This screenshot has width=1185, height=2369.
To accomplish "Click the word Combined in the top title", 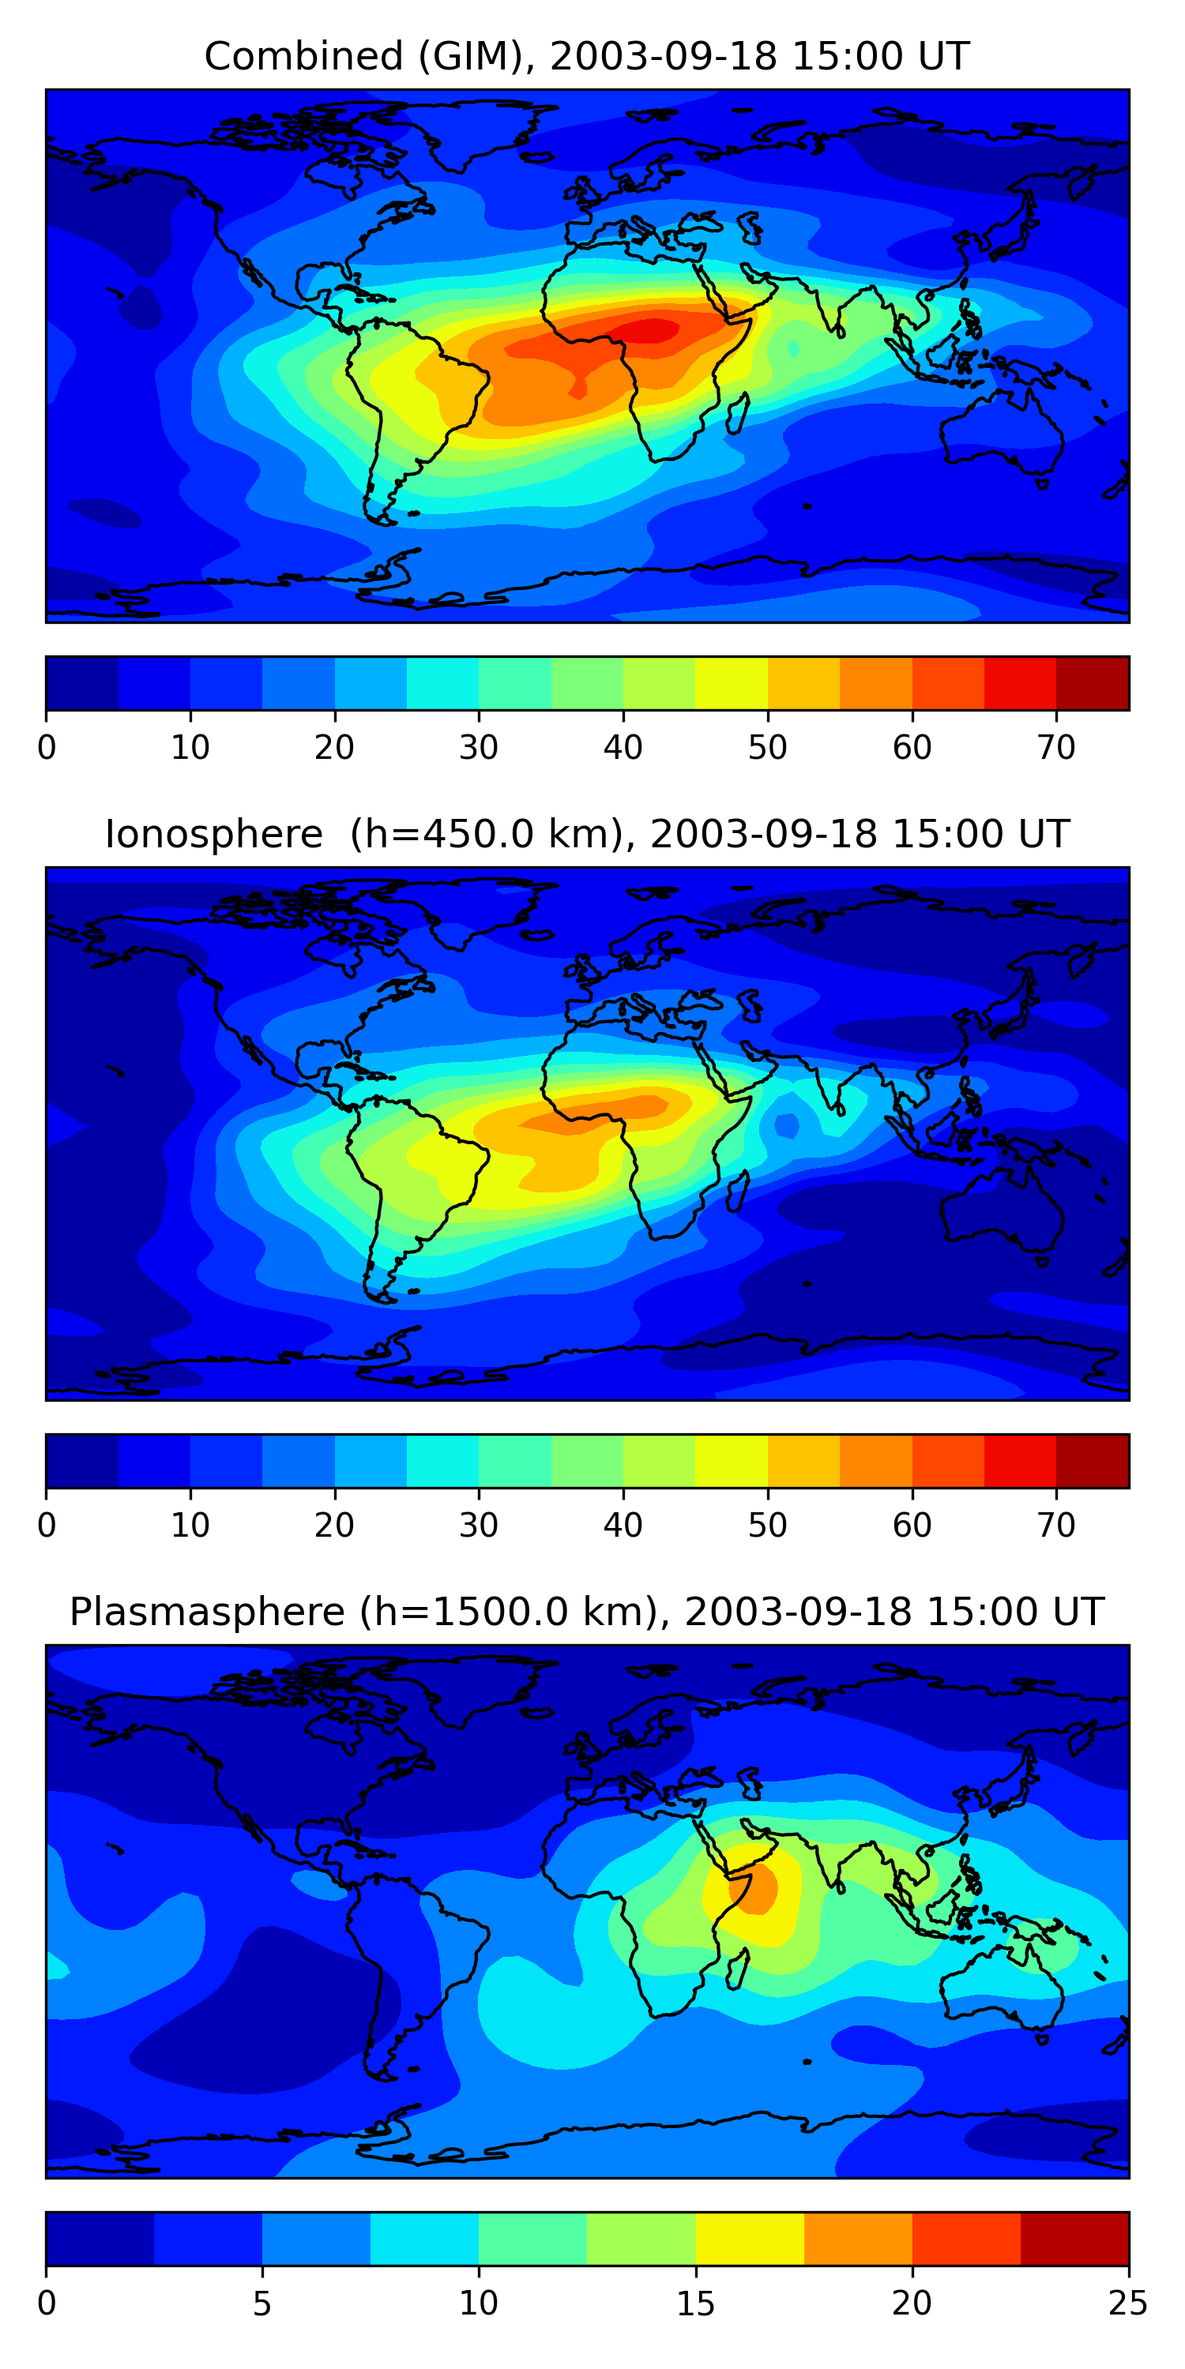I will click(x=303, y=56).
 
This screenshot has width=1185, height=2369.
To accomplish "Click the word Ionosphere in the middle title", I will click(x=213, y=834).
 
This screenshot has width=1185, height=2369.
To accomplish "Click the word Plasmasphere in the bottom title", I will click(x=207, y=1612).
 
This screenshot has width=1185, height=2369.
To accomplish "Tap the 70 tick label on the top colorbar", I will click(x=1056, y=748).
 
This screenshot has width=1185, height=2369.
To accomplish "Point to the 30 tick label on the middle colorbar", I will click(x=479, y=1526).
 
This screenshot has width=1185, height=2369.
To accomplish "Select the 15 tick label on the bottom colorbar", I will click(x=695, y=2303).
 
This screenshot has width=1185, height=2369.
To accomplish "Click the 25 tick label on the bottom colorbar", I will click(x=1127, y=2303).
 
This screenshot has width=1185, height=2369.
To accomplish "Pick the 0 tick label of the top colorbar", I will click(x=47, y=748).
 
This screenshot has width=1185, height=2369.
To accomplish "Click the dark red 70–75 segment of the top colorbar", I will click(x=1092, y=683).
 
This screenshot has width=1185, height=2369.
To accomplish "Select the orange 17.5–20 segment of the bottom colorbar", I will click(x=857, y=2239).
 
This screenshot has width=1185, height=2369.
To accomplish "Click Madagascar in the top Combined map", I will click(x=736, y=414).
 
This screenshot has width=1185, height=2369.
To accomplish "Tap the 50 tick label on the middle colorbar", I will click(x=767, y=1526).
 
